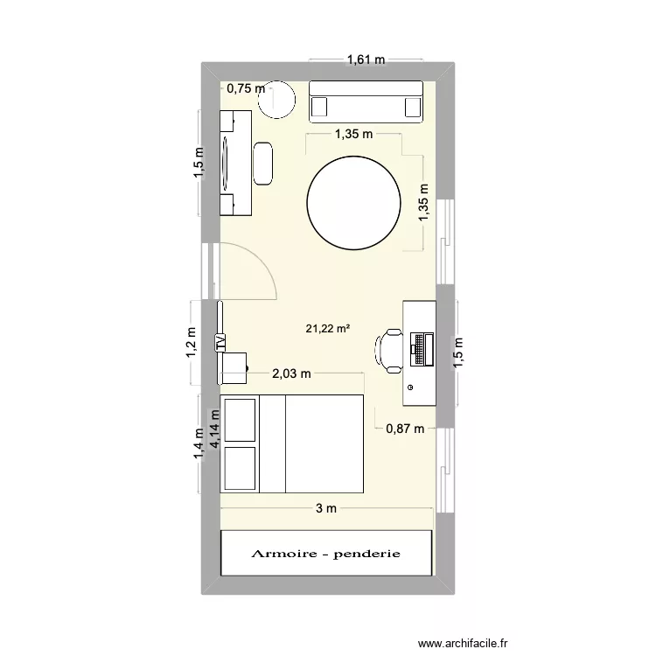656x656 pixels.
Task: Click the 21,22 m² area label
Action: [328, 329]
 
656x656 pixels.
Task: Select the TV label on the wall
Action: [220, 343]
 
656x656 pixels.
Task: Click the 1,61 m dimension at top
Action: [366, 60]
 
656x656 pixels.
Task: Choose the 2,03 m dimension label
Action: [291, 373]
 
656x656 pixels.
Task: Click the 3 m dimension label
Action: [325, 508]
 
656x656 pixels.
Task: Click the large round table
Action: [353, 203]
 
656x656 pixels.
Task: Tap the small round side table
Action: [278, 101]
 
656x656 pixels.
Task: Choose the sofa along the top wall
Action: [366, 100]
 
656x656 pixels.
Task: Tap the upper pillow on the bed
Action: [240, 419]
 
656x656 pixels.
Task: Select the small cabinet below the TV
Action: [234, 368]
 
